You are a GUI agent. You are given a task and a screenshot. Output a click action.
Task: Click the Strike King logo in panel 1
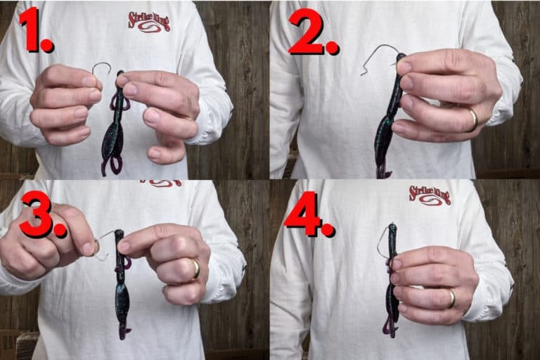coord(149,21)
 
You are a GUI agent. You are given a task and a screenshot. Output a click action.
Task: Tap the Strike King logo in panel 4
coord(430,195)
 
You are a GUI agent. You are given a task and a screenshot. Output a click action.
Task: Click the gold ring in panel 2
coord(474,120)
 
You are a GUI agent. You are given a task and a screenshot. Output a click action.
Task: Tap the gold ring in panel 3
coord(195,269)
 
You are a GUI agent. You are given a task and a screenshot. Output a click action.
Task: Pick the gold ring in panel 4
coord(451,298)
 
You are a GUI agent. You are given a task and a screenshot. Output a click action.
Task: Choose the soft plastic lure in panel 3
coord(121,281)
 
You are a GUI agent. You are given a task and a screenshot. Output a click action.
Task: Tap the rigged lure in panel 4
coord(392,281)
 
